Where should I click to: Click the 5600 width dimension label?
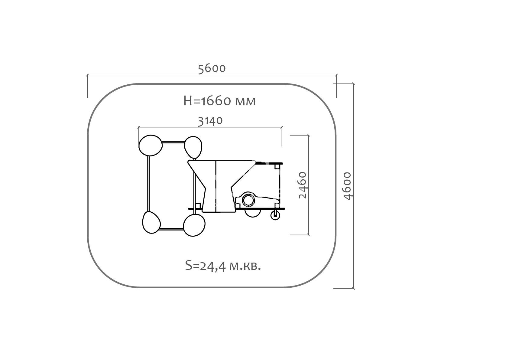212,69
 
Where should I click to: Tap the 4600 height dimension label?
347,186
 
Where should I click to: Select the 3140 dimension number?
210,121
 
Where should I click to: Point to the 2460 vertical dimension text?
303,185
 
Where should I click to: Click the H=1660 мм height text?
219,101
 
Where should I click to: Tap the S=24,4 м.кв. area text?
223,266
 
